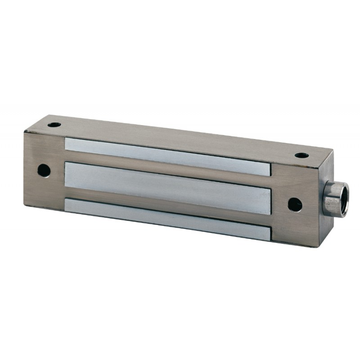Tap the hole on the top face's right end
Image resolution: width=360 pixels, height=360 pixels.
(x=301, y=156)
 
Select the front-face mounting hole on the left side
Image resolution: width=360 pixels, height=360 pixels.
(x=44, y=170)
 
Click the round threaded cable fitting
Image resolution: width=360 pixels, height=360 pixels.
(x=336, y=198)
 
